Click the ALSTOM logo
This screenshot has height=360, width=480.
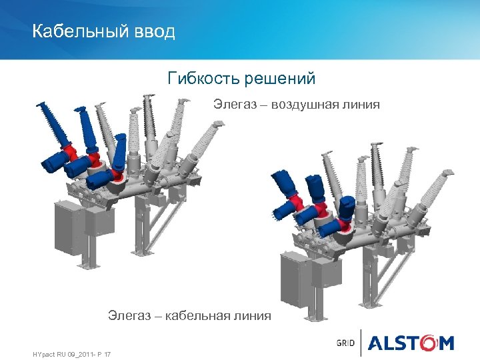(411, 343)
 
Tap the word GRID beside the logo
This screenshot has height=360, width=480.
(346, 343)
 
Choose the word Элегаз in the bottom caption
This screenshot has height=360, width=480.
(130, 315)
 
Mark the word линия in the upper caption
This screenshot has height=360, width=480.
(362, 104)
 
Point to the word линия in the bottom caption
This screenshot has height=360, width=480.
(253, 315)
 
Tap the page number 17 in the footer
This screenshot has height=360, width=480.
(107, 353)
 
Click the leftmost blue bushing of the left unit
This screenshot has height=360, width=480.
(53, 123)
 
